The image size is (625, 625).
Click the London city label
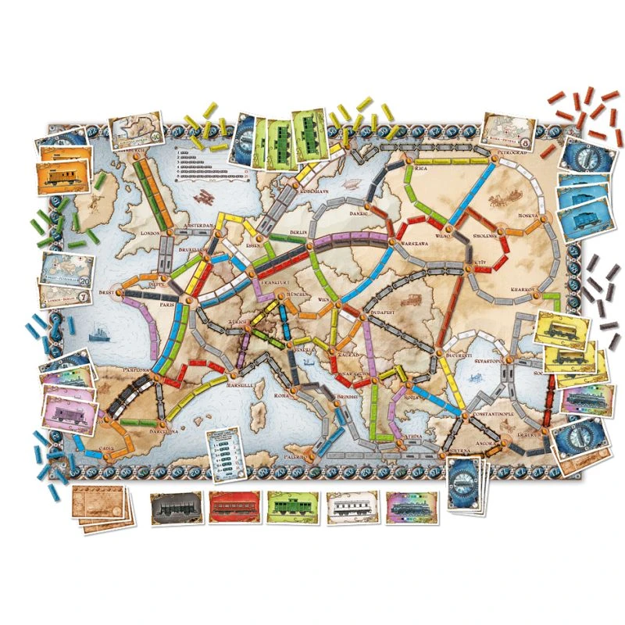coord(148,234)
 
